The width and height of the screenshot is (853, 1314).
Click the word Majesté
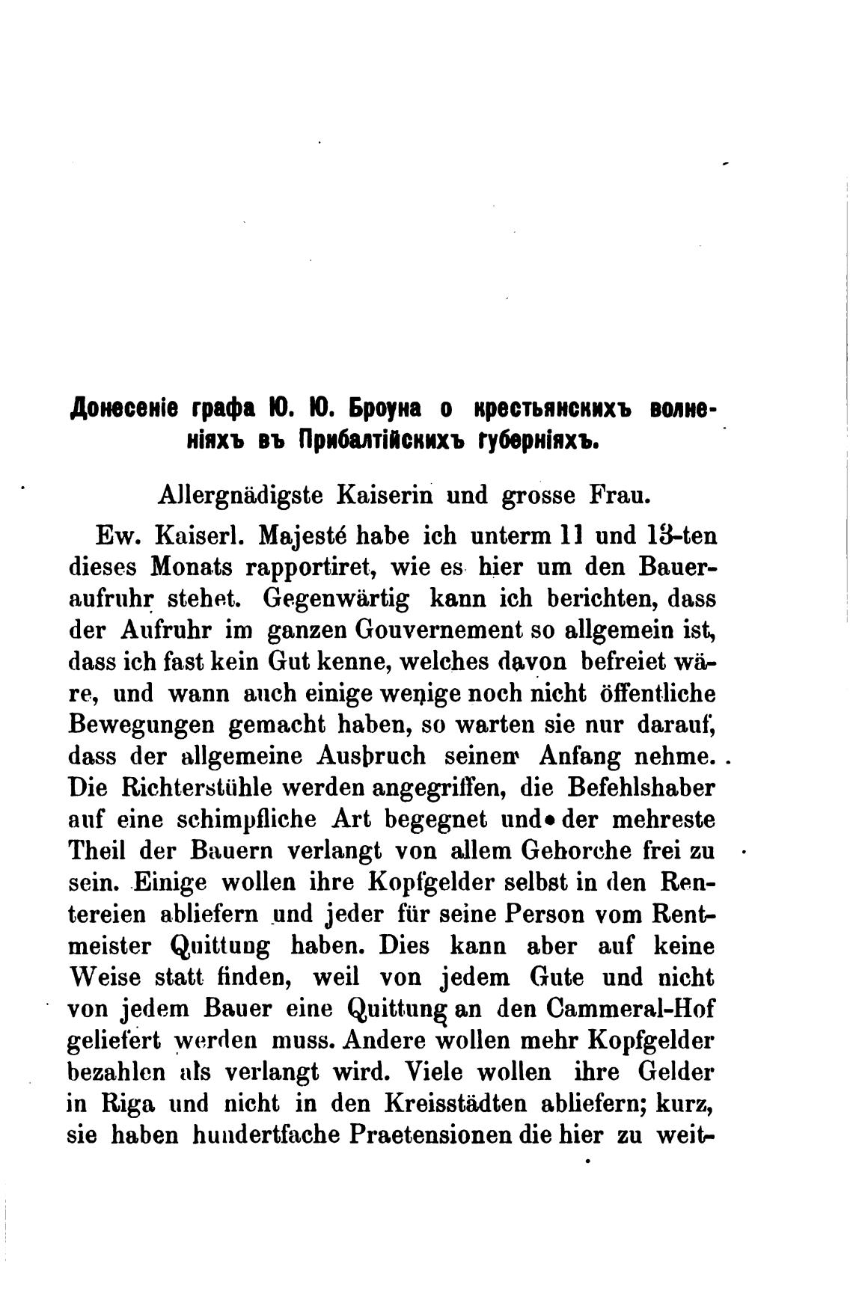[x=302, y=537]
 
